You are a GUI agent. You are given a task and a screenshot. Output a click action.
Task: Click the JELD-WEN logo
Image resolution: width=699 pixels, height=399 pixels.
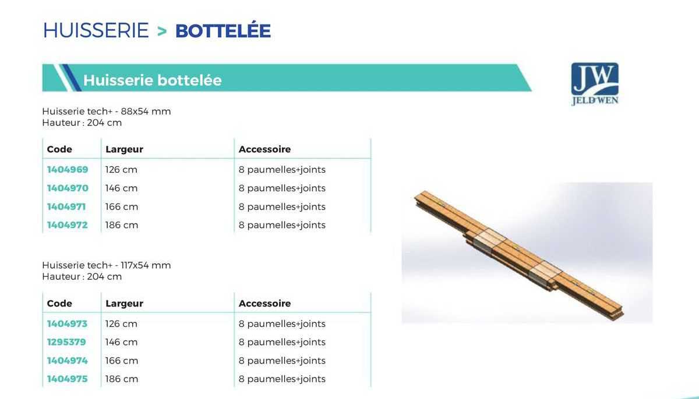pyautogui.click(x=595, y=84)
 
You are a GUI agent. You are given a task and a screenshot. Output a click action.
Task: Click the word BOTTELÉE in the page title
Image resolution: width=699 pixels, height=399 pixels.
pyautogui.click(x=223, y=31)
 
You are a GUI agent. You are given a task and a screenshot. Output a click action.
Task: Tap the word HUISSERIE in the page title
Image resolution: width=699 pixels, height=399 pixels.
pyautogui.click(x=96, y=31)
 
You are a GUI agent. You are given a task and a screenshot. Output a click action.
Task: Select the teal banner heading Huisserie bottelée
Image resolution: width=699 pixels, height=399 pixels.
pyautogui.click(x=152, y=80)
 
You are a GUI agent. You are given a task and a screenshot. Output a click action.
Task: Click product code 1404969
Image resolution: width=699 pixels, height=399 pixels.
pyautogui.click(x=68, y=170)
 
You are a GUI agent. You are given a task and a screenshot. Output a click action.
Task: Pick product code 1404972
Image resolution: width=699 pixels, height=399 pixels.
pyautogui.click(x=68, y=225)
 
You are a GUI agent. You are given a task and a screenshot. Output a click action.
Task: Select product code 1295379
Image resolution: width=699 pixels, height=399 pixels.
pyautogui.click(x=66, y=342)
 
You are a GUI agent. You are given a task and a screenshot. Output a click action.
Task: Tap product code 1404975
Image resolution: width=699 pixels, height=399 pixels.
pyautogui.click(x=68, y=379)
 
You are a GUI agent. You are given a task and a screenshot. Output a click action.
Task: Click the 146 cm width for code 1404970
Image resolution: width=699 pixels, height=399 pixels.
pyautogui.click(x=121, y=188)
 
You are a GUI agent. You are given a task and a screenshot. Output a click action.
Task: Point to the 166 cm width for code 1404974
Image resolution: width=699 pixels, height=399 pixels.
pyautogui.click(x=121, y=361)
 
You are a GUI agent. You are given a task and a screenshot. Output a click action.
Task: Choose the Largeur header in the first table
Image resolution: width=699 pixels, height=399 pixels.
pyautogui.click(x=124, y=149)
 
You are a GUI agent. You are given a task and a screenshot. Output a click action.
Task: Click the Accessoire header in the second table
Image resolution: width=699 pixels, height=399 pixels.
pyautogui.click(x=264, y=304)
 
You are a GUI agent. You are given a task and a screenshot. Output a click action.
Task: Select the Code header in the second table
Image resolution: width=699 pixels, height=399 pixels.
pyautogui.click(x=59, y=304)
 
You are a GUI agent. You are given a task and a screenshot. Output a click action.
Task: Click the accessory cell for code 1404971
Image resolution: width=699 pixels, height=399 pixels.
pyautogui.click(x=282, y=207)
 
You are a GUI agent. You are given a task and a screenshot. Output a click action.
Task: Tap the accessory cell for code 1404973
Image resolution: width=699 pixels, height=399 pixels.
pyautogui.click(x=282, y=324)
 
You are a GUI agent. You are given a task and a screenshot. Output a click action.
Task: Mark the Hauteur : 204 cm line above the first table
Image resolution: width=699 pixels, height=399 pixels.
pyautogui.click(x=82, y=123)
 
